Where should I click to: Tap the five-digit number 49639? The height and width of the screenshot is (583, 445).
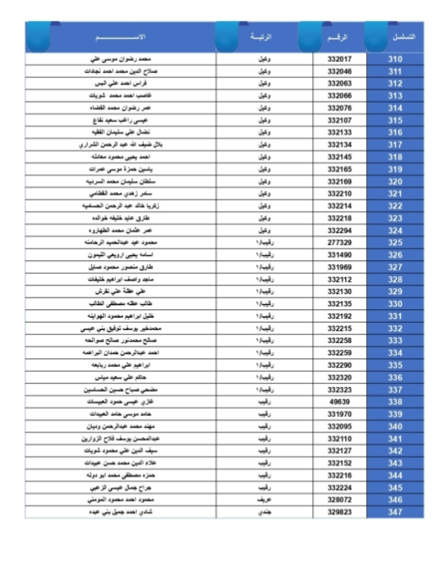click(x=338, y=402)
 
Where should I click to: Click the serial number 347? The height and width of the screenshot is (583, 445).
click(x=394, y=512)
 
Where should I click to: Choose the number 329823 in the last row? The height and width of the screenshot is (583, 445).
click(x=338, y=512)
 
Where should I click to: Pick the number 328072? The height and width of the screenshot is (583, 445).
click(x=338, y=500)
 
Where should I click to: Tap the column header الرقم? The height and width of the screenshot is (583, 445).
click(x=338, y=37)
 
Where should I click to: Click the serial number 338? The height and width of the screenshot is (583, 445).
click(x=394, y=402)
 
